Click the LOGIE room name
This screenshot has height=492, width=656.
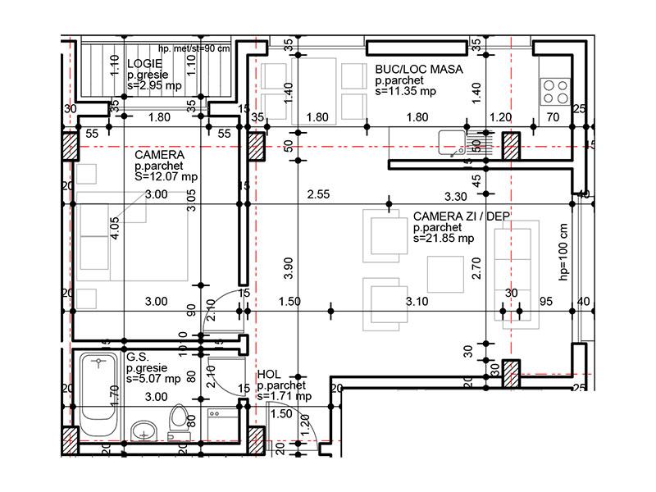coord(145,63)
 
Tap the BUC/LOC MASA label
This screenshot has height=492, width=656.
coord(418,71)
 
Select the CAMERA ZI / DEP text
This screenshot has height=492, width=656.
coord(461,216)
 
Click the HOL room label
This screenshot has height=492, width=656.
coord(269,374)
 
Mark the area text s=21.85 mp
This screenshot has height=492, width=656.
coord(444,239)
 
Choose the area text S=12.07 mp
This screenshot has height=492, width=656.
coord(166,176)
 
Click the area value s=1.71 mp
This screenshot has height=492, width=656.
coord(284,396)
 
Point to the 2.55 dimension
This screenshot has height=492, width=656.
coord(318,195)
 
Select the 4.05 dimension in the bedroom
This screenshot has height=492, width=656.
coord(115,227)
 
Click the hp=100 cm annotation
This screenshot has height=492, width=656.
coord(563,252)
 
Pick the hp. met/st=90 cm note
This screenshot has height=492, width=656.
coord(194,48)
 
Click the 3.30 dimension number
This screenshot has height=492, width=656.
coord(455,196)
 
